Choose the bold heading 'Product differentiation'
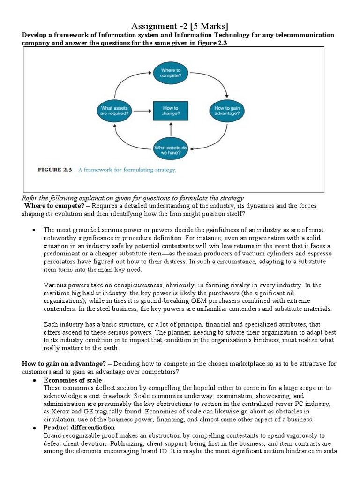[79, 427]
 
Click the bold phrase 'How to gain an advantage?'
[63, 364]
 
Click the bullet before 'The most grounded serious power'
[35, 230]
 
